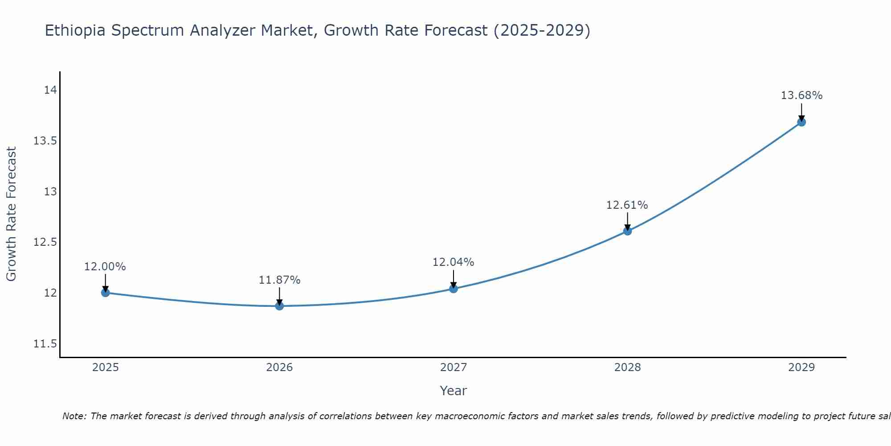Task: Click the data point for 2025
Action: pyautogui.click(x=106, y=293)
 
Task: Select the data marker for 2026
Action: pyautogui.click(x=279, y=306)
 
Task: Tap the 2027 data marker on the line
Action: pyautogui.click(x=454, y=289)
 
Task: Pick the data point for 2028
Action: pyautogui.click(x=627, y=231)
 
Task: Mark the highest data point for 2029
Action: pyautogui.click(x=801, y=122)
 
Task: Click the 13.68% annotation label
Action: pyautogui.click(x=801, y=95)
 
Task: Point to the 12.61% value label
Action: pyautogui.click(x=627, y=205)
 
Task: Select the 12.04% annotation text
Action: pyautogui.click(x=453, y=262)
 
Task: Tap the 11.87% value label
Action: pyautogui.click(x=279, y=280)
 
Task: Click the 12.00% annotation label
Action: pyautogui.click(x=105, y=267)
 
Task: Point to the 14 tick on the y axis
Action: pyautogui.click(x=50, y=90)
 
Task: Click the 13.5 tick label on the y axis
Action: pyautogui.click(x=45, y=141)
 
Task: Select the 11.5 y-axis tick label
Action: pyautogui.click(x=45, y=344)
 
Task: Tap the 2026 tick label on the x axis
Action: pyautogui.click(x=279, y=368)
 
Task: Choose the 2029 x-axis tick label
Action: pyautogui.click(x=801, y=368)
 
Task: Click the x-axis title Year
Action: pyautogui.click(x=453, y=391)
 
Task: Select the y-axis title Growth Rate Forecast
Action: pyautogui.click(x=12, y=214)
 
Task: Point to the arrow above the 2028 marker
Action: pyautogui.click(x=627, y=220)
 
